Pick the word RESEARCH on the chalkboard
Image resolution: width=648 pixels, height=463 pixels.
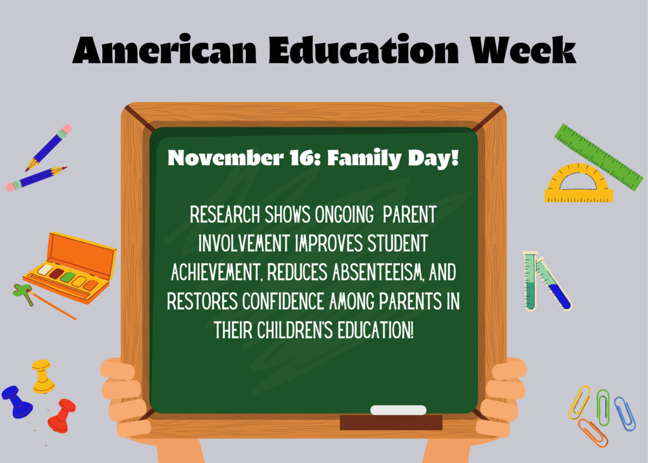point(225,215)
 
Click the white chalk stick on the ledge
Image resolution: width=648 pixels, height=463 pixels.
point(398,410)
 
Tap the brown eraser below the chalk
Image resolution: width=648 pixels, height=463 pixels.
point(391,422)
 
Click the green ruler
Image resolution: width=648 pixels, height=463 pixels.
point(599,157)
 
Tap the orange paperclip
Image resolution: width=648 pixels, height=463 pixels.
point(592,433)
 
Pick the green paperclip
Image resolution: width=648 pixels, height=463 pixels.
point(603,407)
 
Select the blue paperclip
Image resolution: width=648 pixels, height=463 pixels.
point(625,414)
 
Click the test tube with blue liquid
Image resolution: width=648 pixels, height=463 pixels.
point(554,284)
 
